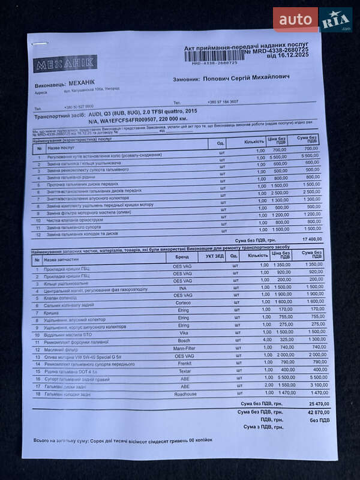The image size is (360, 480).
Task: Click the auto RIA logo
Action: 313,20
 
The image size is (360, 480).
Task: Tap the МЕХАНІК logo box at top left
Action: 65,64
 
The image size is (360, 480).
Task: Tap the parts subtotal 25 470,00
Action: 311,404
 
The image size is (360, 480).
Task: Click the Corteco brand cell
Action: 183,302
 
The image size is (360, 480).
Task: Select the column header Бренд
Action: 182,256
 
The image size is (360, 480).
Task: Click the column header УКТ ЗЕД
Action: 215,256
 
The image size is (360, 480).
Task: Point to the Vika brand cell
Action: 184,332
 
